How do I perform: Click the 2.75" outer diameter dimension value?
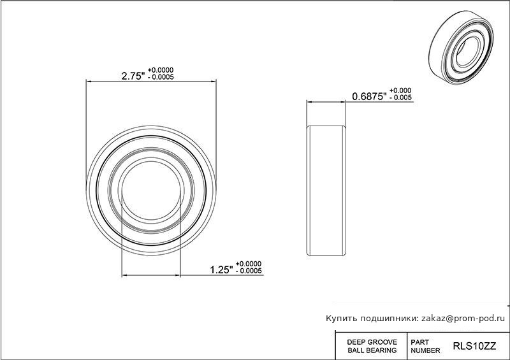click(133, 76)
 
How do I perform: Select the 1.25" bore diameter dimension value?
click(221, 270)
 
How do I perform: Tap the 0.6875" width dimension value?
click(370, 96)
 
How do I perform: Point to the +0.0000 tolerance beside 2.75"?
click(161, 70)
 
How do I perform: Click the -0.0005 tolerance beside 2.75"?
click(161, 77)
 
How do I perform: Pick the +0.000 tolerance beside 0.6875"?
click(400, 90)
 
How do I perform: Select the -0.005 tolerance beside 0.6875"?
click(400, 97)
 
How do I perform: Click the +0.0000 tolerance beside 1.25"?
click(249, 264)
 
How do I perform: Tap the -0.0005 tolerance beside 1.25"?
click(249, 271)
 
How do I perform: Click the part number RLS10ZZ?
click(474, 346)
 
